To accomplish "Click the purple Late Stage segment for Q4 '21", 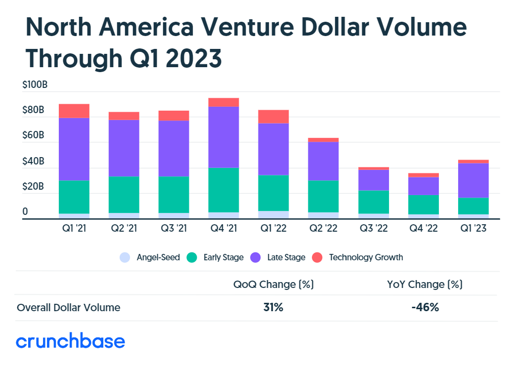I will click(x=223, y=137).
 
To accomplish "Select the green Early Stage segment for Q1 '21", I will click(x=74, y=197).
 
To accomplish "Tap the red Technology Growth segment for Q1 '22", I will click(x=273, y=116).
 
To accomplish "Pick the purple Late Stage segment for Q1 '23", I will click(x=473, y=180).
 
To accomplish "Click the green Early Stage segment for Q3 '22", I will click(x=373, y=202).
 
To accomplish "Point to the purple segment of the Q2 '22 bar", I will click(x=323, y=161).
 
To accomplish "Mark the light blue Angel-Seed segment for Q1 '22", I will click(x=273, y=214).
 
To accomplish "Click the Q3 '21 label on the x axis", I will click(x=173, y=229).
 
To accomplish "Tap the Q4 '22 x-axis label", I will click(x=423, y=229).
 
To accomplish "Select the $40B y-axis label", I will click(x=33, y=162).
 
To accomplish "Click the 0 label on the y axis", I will click(x=25, y=212).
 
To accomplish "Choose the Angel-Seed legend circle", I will click(x=125, y=257).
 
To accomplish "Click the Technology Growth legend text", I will click(x=366, y=257).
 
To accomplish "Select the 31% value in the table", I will click(x=273, y=307).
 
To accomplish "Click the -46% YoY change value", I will click(x=425, y=307).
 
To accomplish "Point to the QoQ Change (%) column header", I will click(x=273, y=285).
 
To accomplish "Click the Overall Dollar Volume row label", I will click(x=68, y=307).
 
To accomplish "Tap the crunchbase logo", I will click(x=70, y=341).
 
